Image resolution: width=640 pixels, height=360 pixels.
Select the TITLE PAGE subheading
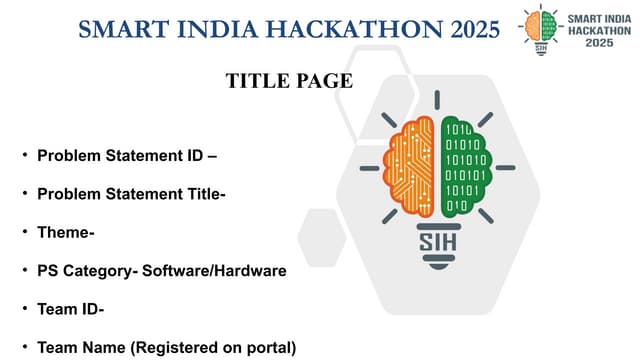point(290,81)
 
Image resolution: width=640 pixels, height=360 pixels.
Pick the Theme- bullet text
point(66,233)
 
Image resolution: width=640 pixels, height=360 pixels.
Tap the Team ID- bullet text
point(71,309)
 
